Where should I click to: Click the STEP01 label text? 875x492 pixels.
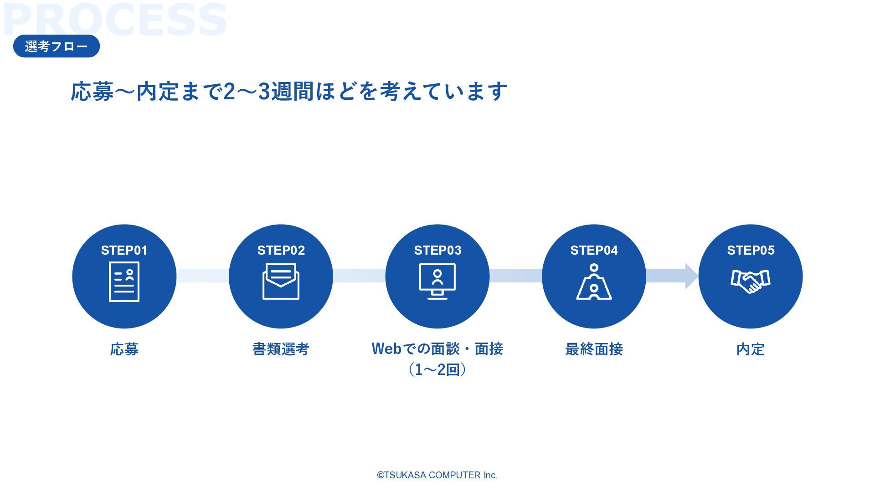click(x=124, y=250)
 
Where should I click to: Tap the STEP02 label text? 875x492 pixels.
click(x=281, y=250)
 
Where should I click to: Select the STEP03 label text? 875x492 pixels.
click(x=437, y=250)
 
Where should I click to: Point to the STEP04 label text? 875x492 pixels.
click(x=594, y=250)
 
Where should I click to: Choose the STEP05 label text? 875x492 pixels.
click(x=751, y=250)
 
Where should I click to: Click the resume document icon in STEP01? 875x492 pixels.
click(x=124, y=282)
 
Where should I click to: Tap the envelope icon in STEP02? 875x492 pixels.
click(x=281, y=282)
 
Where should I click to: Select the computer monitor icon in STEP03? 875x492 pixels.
click(x=437, y=281)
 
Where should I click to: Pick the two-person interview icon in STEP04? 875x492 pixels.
click(x=594, y=282)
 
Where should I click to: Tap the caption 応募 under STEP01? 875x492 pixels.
click(x=124, y=349)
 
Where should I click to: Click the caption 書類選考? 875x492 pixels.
click(x=281, y=349)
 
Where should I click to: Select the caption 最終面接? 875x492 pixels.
click(x=594, y=349)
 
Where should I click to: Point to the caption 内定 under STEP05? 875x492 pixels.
click(x=751, y=349)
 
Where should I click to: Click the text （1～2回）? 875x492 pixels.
click(x=437, y=369)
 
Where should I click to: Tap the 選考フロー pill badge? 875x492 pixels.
click(x=57, y=46)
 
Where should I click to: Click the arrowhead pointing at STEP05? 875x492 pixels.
click(x=691, y=276)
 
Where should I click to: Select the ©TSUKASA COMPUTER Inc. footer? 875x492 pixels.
click(x=437, y=475)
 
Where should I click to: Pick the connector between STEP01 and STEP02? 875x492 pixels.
click(x=202, y=276)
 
